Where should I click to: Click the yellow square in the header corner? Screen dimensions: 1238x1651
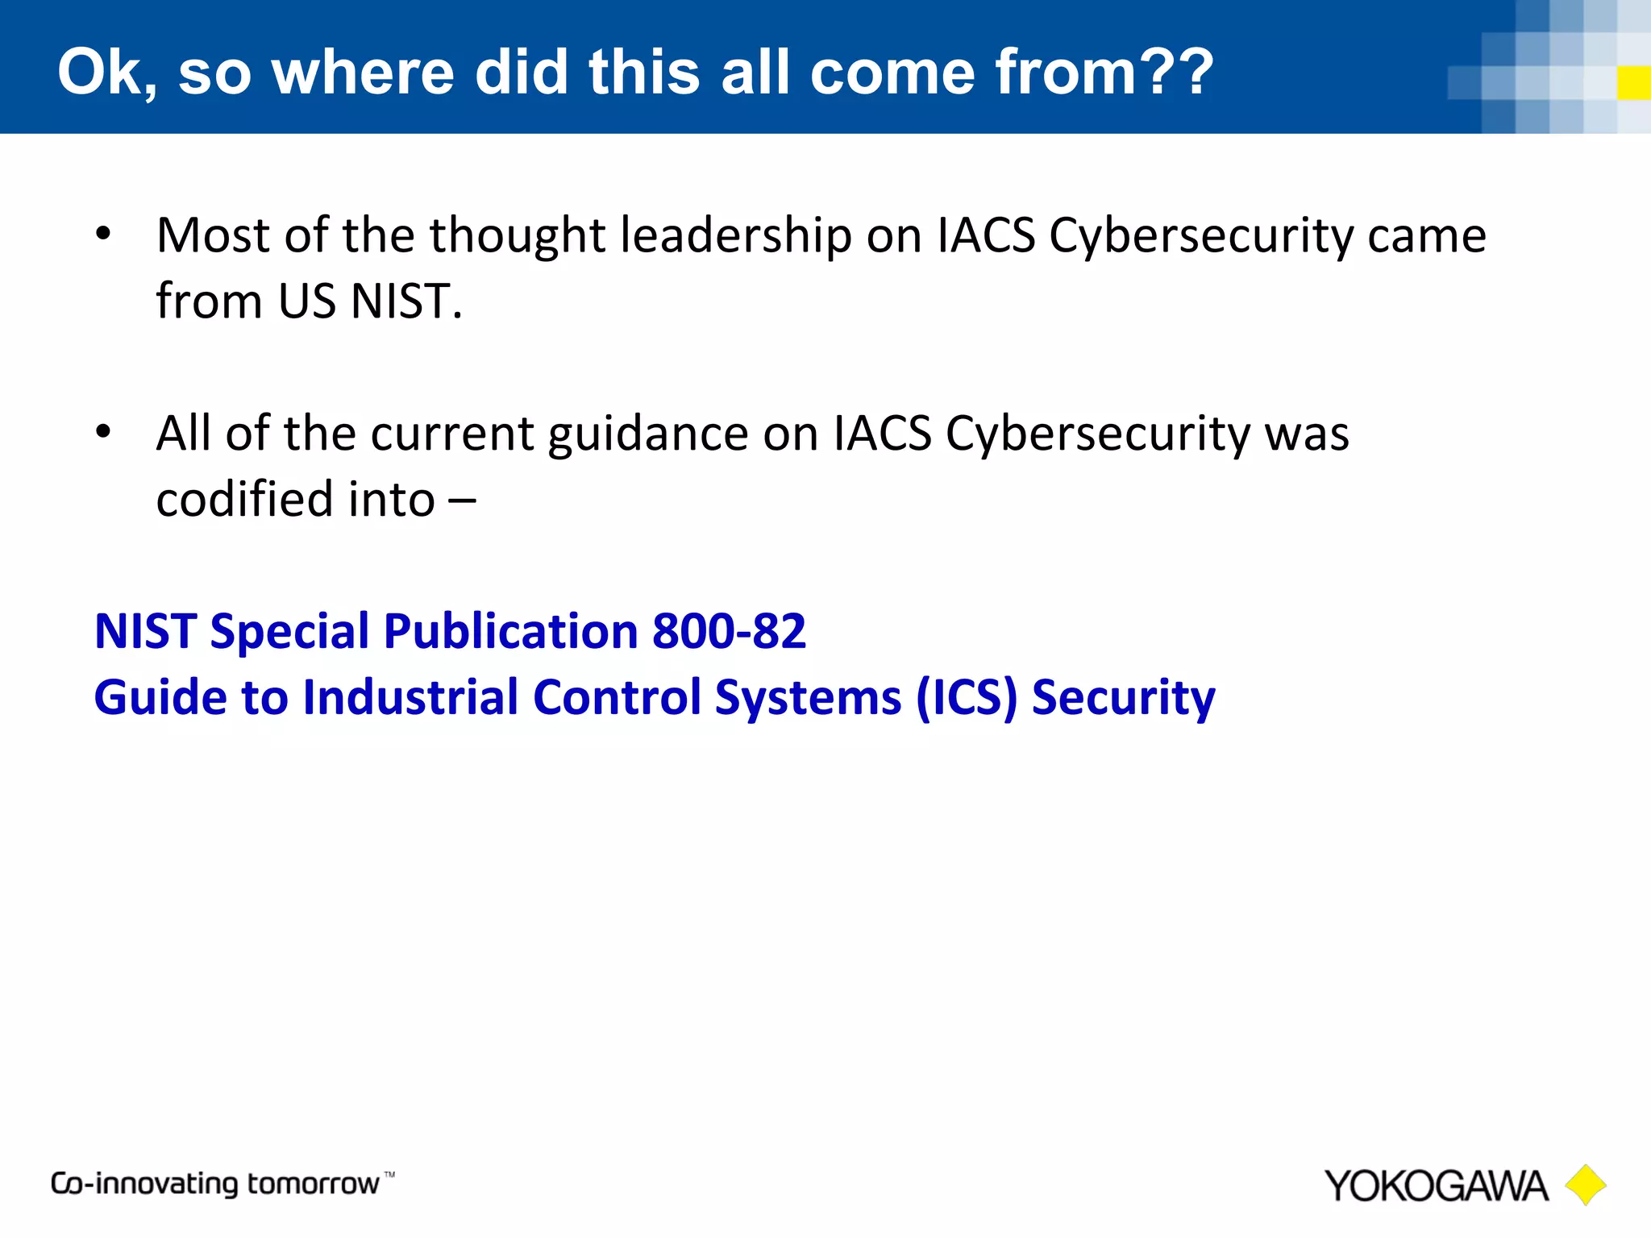click(1633, 83)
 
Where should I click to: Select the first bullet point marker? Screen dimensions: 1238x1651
click(102, 235)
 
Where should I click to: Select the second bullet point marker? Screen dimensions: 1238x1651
click(102, 433)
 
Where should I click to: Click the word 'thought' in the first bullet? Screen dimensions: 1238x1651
click(517, 237)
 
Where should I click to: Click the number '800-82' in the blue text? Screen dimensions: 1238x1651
click(729, 631)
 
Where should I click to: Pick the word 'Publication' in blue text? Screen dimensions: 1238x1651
click(511, 632)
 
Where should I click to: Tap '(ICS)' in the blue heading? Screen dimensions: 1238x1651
click(967, 697)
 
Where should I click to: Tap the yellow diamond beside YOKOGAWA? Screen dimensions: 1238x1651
click(1585, 1185)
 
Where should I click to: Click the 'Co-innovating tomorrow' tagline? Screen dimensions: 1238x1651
click(215, 1184)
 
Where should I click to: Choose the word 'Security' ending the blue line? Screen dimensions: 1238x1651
click(1123, 698)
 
